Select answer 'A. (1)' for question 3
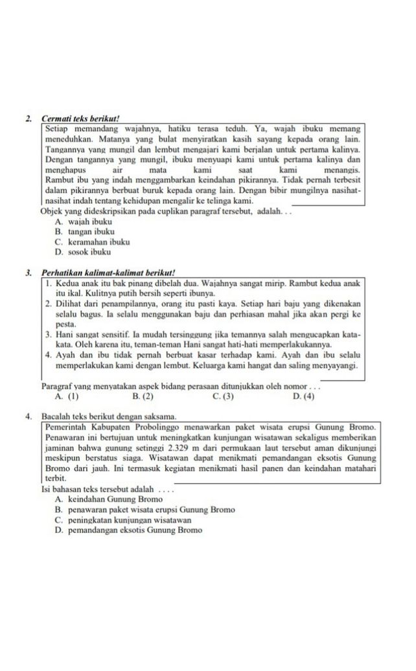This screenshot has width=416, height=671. (x=67, y=396)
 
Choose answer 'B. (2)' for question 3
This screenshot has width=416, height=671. (x=143, y=396)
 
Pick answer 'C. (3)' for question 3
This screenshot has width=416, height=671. (x=222, y=396)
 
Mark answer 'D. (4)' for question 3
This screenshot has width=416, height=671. (x=303, y=396)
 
